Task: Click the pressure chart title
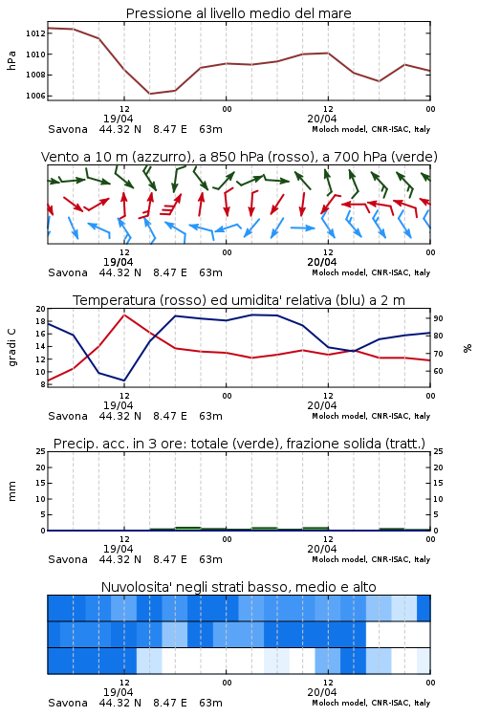238,13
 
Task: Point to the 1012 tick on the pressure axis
35,33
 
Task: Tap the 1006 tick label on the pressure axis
35,96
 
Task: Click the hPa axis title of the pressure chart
11,60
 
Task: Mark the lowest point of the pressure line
149,94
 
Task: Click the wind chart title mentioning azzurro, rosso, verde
239,157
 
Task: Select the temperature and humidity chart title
239,300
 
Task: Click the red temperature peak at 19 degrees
124,315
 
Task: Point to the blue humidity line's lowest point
124,380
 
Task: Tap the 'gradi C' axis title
11,347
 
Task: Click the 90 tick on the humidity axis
438,318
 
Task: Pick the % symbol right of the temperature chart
467,348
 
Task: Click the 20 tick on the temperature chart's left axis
41,309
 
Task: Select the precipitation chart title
239,444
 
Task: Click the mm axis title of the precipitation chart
11,491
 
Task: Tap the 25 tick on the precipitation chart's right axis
438,451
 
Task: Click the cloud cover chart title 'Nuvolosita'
238,587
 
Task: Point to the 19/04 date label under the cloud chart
118,692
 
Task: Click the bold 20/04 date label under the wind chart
322,262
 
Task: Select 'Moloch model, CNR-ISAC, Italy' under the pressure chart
371,129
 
